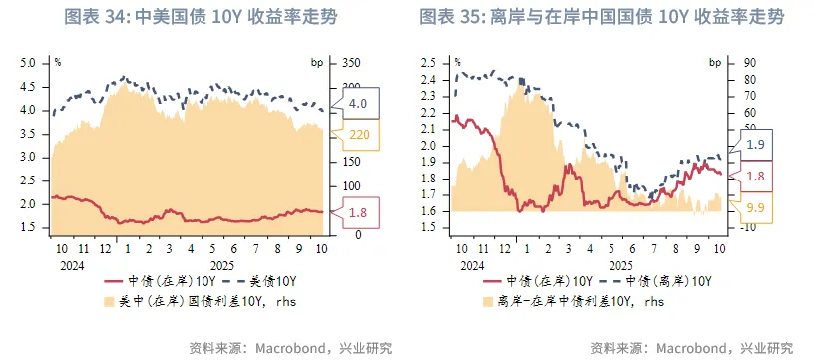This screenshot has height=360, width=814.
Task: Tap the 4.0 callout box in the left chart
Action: click(x=358, y=104)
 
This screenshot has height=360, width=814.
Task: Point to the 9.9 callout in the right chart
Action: click(x=755, y=207)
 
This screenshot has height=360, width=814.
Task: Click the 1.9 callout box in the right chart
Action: click(x=755, y=145)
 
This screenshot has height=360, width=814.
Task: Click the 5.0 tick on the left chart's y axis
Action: click(x=28, y=62)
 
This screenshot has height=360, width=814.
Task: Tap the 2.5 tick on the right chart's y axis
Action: click(x=428, y=62)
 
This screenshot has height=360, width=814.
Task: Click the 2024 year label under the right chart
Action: click(x=473, y=265)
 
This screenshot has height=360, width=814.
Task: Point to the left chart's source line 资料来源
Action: click(x=290, y=348)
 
